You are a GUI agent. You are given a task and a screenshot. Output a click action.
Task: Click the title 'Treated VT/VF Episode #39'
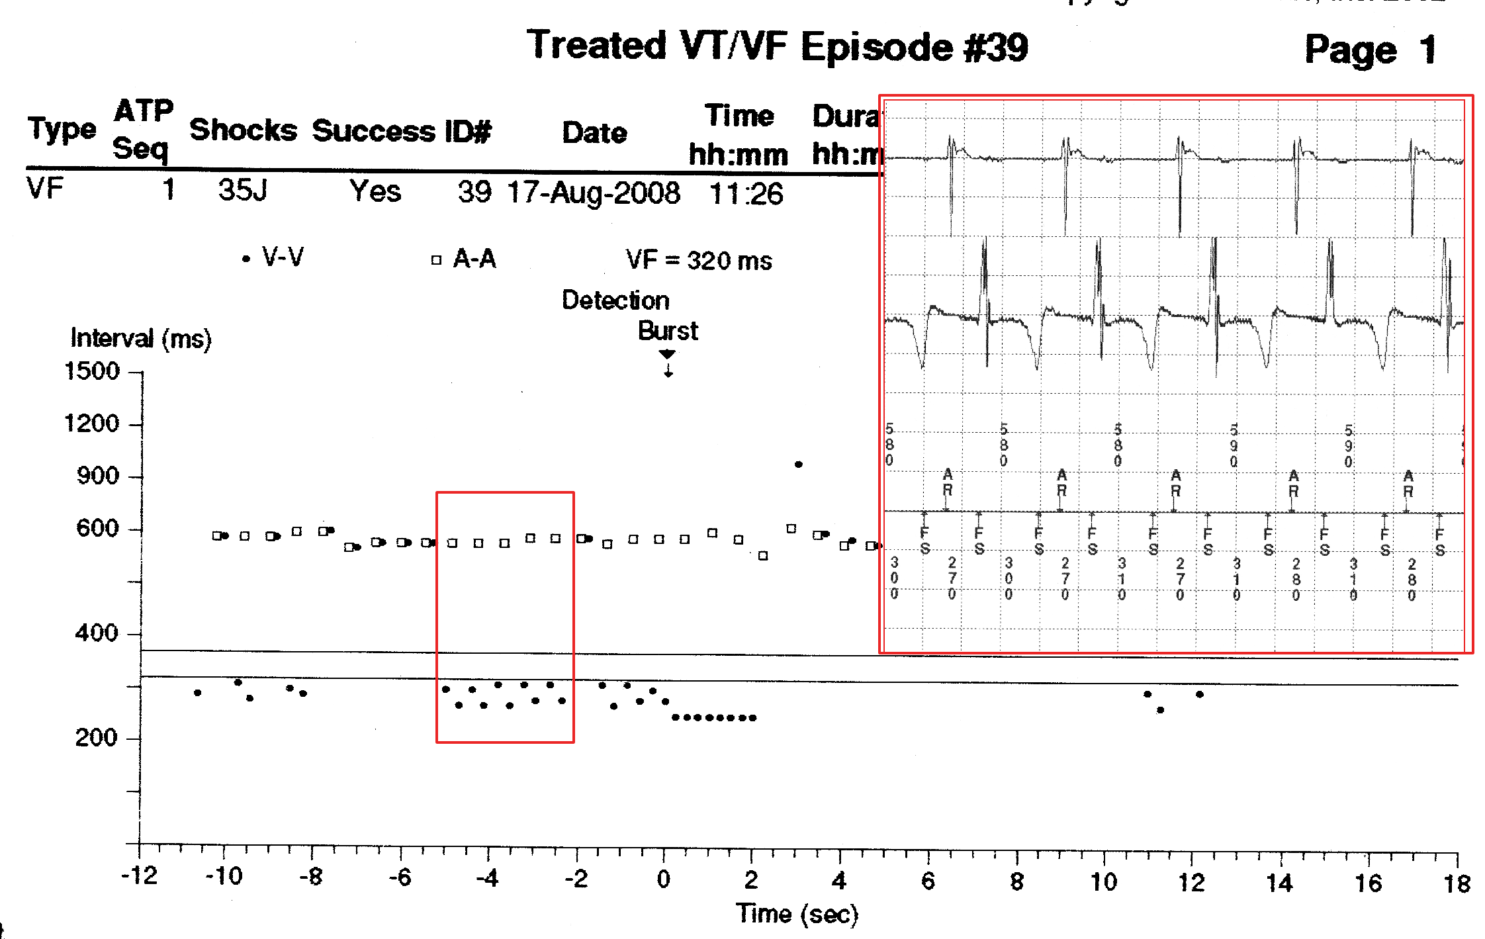coord(777,46)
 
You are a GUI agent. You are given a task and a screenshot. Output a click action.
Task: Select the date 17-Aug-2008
coord(594,193)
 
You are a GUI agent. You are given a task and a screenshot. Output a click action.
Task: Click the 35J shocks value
coord(243,191)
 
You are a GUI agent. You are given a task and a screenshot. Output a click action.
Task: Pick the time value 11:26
coord(746,194)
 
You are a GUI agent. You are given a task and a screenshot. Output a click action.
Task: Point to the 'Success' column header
coord(373,131)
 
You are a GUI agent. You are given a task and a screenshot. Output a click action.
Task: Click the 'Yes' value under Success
coord(375,192)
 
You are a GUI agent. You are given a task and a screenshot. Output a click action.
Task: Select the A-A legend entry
coord(465,259)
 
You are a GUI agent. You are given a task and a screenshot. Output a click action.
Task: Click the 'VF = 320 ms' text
coord(699,261)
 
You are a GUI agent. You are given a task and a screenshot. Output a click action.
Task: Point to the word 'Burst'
coord(668,331)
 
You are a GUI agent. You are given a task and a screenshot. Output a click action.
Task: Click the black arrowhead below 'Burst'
coord(667,354)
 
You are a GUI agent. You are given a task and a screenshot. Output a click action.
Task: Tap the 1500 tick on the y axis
coord(92,371)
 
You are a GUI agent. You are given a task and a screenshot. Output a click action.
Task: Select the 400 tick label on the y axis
coord(97,633)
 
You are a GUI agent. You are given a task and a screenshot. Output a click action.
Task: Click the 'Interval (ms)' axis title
coord(141,338)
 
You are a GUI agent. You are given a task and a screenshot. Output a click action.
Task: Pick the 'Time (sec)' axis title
coord(797,914)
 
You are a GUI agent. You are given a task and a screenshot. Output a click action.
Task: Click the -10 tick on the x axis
coord(224,877)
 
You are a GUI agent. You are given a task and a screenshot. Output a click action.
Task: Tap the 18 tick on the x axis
coord(1457,884)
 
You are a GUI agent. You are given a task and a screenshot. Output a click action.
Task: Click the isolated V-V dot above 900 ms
coord(799,465)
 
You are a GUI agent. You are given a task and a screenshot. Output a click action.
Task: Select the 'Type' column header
coord(62,129)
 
